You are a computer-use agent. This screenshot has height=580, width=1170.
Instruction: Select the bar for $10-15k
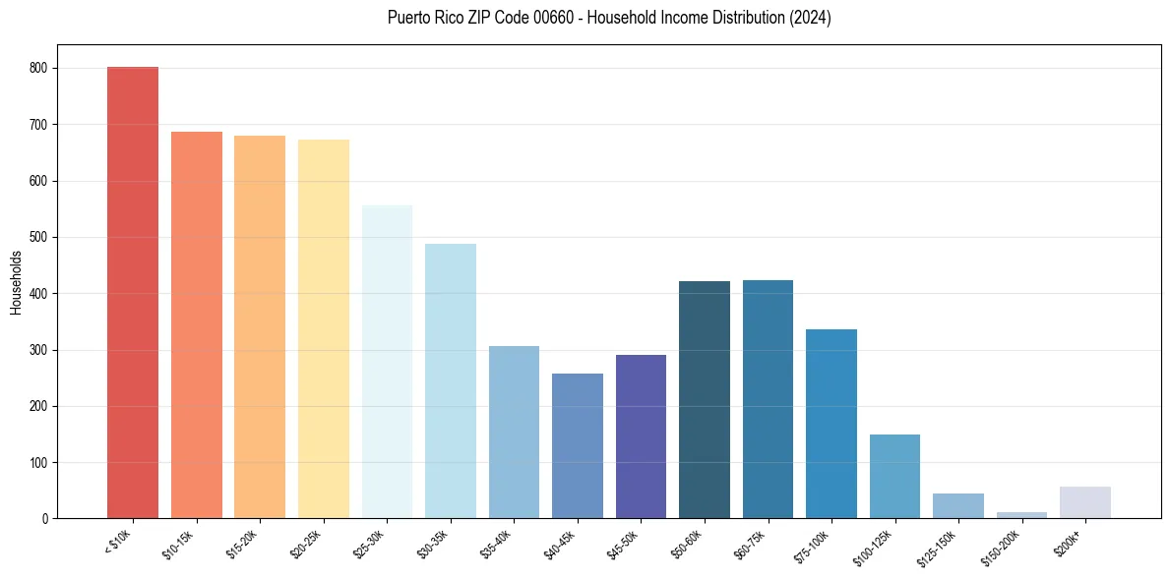click(197, 324)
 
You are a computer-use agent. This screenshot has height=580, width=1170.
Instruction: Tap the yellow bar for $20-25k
click(324, 328)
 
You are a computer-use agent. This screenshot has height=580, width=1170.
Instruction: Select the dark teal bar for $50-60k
click(705, 399)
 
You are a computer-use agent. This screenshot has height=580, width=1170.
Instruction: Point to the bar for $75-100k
click(831, 424)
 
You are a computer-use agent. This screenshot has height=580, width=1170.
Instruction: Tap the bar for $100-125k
click(894, 476)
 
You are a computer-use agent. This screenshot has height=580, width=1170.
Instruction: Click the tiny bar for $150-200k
click(1021, 514)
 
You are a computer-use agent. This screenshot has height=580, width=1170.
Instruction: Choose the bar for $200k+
click(1085, 502)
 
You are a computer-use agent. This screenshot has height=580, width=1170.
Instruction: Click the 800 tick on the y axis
click(39, 69)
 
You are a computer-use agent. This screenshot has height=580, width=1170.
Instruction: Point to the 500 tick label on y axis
click(39, 238)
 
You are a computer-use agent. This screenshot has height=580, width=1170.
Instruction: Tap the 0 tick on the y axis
click(45, 519)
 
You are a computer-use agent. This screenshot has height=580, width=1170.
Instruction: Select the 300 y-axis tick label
click(39, 350)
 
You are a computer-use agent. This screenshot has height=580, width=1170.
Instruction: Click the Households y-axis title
click(17, 282)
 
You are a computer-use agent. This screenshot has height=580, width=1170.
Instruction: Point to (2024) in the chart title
click(813, 18)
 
